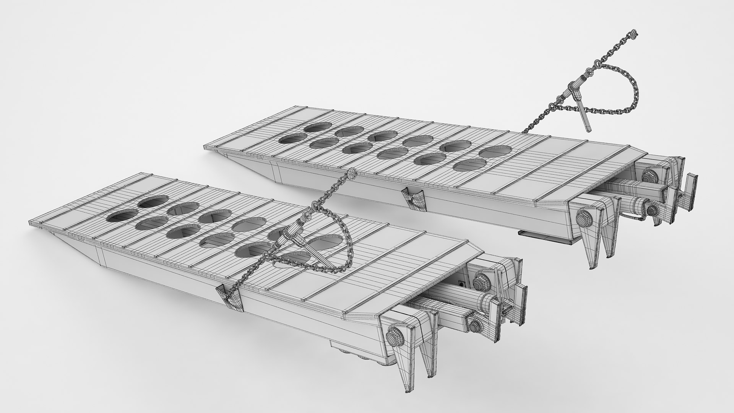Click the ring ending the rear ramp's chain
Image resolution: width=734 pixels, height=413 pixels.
point(634,34)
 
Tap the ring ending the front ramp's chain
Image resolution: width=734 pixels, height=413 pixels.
point(351,175)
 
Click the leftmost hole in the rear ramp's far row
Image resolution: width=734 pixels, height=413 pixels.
point(318,128)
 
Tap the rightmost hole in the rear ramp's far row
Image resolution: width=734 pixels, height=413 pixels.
point(495,151)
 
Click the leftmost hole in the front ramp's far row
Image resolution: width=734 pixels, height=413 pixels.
point(153,202)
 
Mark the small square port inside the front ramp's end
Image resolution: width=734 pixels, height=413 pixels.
point(462,284)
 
